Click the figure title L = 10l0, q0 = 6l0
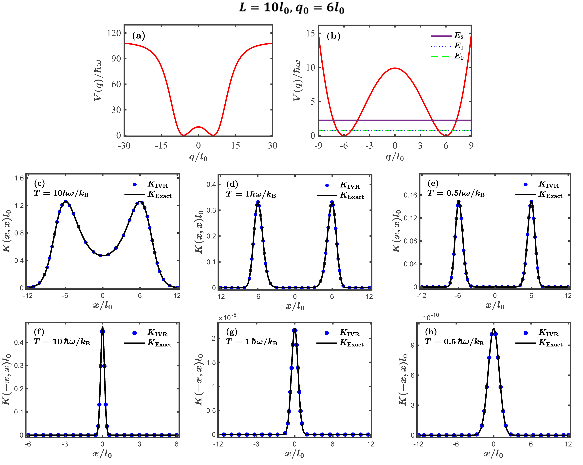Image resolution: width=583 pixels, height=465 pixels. coord(291,8)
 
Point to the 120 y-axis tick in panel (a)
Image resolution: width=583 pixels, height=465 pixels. coord(114,33)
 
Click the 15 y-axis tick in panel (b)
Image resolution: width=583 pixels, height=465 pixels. coord(310,33)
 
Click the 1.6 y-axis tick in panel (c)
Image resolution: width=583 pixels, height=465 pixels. coord(19,178)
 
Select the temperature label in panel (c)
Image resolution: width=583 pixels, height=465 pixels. coord(61,193)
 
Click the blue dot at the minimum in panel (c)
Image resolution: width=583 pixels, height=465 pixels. coord(101,255)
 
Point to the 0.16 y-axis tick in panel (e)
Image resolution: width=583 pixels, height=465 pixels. coord(410,195)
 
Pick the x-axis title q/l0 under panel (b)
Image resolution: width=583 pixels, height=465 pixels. coord(395,157)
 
